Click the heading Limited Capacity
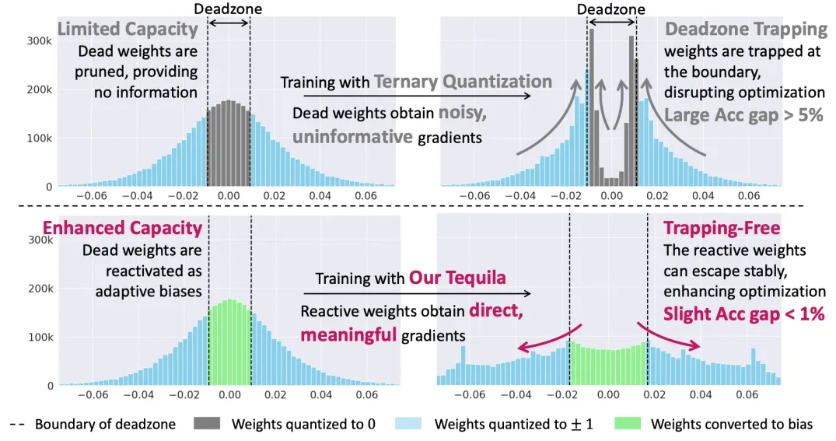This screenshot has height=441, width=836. coord(128,30)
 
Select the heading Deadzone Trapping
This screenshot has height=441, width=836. coord(746,30)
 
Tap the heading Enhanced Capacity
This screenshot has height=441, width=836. coord(122,229)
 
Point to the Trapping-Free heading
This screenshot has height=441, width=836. coord(721,229)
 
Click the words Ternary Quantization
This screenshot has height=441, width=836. coord(463,82)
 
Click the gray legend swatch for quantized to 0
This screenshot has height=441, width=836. coord(220,424)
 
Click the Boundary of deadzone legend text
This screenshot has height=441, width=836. coord(106,424)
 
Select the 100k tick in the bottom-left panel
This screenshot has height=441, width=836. coord(40,337)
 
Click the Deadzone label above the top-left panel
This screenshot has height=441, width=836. coord(228,9)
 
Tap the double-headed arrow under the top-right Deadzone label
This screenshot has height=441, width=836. coord(610,25)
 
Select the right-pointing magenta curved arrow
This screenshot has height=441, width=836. coord(669,334)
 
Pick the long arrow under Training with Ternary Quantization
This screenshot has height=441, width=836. coord(404,96)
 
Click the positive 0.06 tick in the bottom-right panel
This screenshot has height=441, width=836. coord(747,395)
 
